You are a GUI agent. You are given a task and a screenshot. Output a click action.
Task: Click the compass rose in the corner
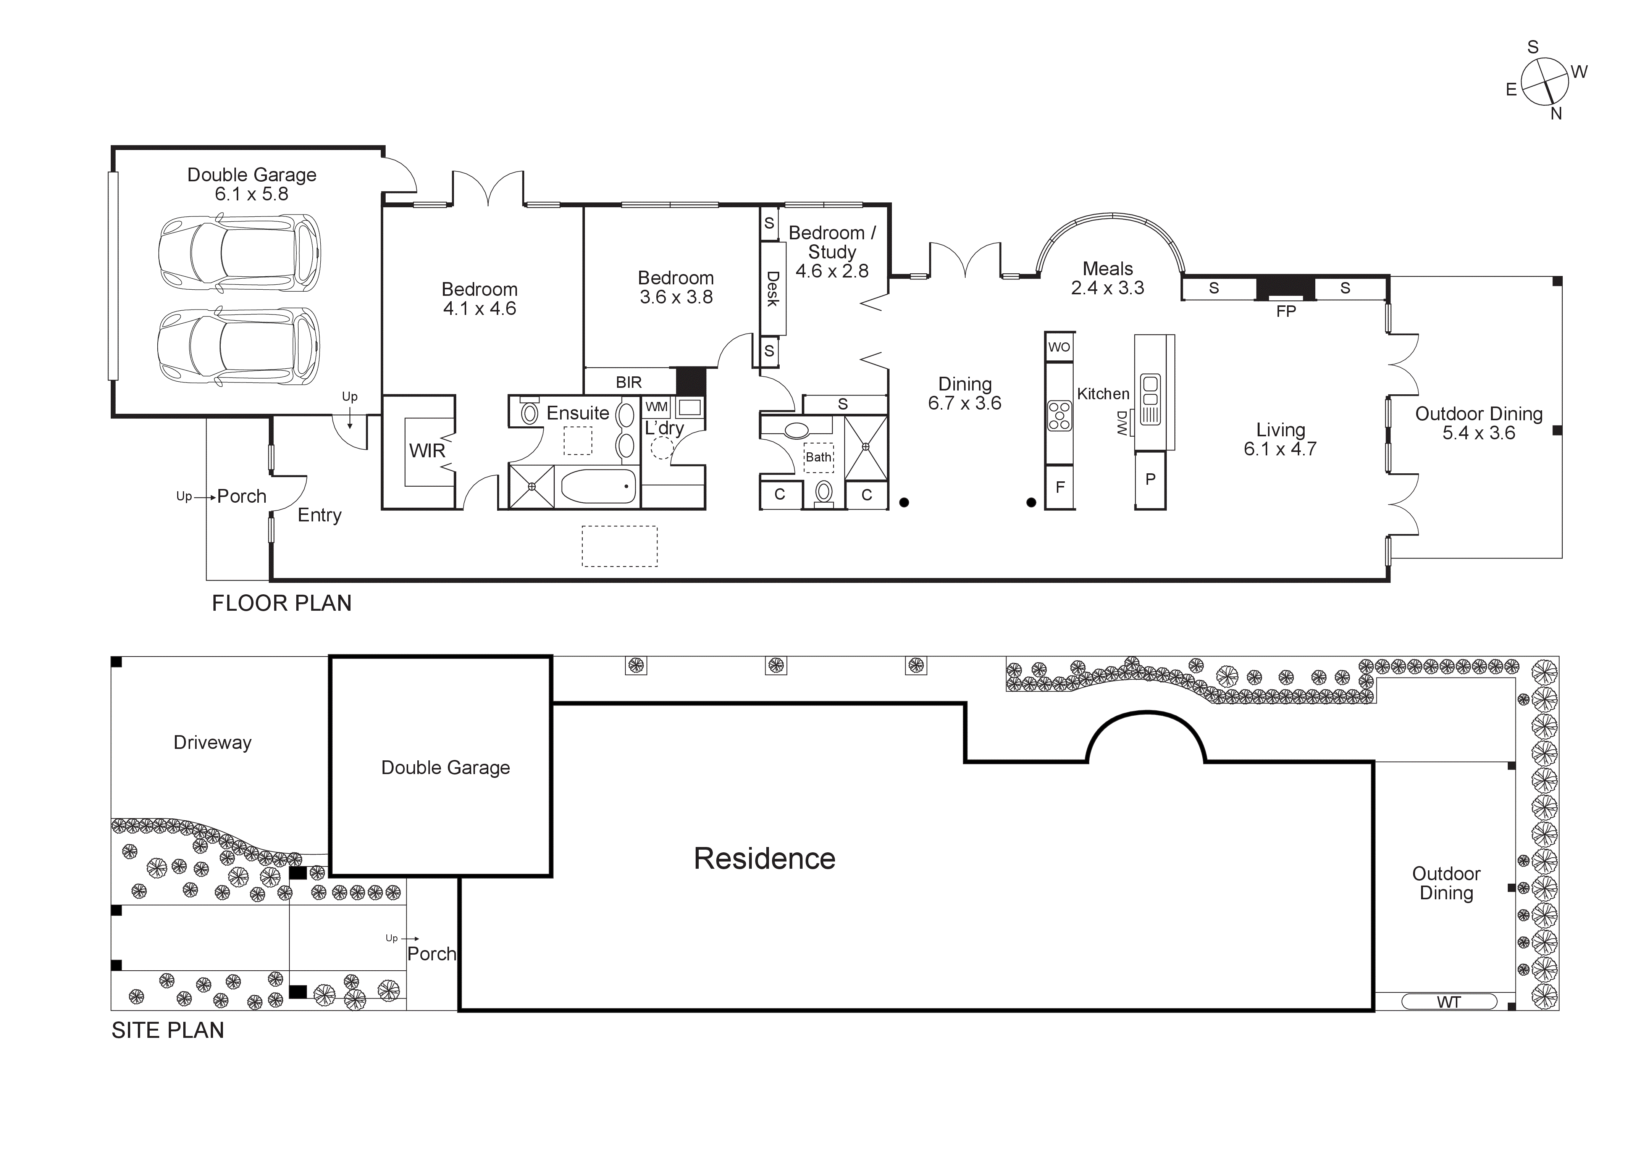point(1544,81)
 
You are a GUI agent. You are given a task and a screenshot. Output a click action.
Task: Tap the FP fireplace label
point(1286,311)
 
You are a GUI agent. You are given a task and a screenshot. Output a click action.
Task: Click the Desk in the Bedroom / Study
point(773,288)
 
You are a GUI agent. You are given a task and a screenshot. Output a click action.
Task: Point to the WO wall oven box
point(1059,347)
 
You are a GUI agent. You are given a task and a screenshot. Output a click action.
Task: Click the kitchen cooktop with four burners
point(1059,416)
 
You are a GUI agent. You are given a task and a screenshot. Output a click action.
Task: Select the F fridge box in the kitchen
point(1060,487)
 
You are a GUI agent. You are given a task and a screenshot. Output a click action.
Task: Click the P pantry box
point(1150,479)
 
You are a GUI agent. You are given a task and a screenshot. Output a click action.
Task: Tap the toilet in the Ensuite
point(530,412)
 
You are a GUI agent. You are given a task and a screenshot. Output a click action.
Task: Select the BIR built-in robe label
point(629,382)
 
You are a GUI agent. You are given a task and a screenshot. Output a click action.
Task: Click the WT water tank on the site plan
point(1449,1002)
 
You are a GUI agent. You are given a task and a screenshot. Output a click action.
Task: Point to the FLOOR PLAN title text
point(282,603)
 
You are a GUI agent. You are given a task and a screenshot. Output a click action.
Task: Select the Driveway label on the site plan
point(212,742)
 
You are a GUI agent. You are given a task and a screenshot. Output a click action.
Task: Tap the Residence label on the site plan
point(764,858)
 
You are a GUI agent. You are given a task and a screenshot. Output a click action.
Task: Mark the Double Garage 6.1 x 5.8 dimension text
point(252,194)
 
